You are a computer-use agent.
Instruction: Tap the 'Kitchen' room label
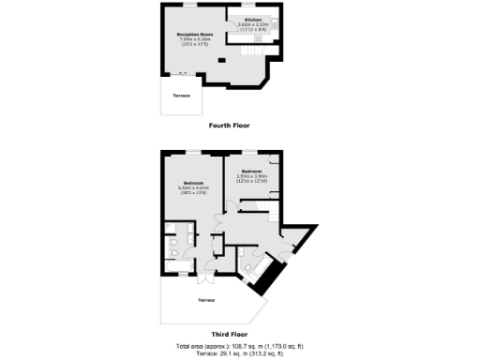(253, 19)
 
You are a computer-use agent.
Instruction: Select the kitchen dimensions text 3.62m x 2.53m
(253, 25)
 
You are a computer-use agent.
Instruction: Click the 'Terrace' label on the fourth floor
(181, 96)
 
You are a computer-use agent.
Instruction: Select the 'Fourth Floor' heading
(230, 125)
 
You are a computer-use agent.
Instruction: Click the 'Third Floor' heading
(230, 334)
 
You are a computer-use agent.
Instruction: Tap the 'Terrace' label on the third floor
(206, 300)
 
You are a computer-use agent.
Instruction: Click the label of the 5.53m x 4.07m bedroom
(194, 182)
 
